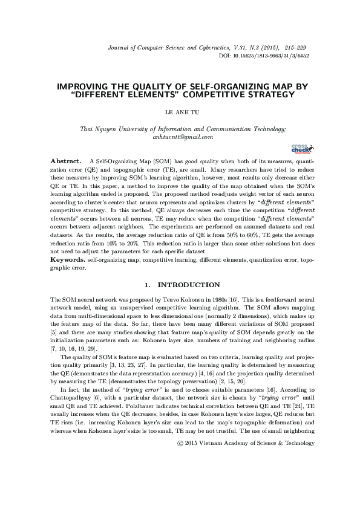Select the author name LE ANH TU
pyautogui.click(x=180, y=112)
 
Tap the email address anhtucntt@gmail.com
pyautogui.click(x=180, y=137)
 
